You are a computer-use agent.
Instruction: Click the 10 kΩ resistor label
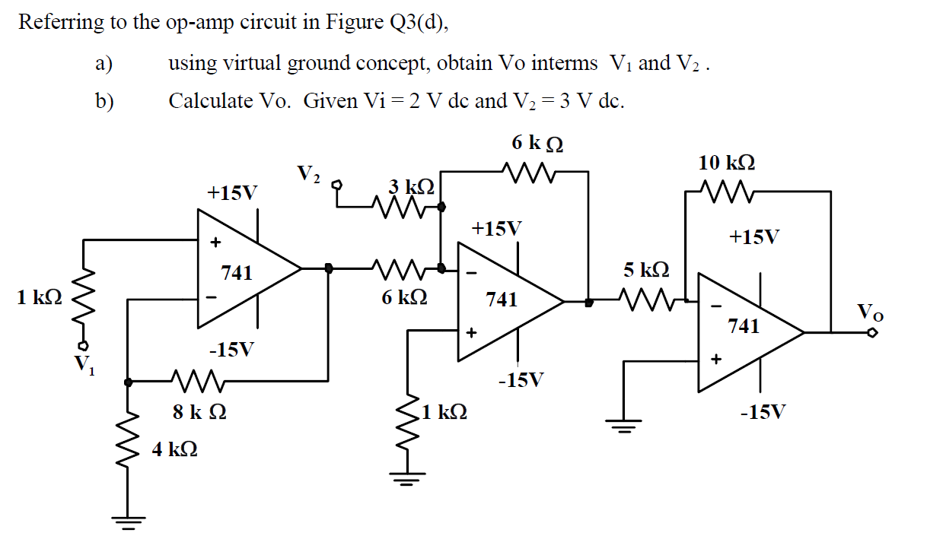pos(727,163)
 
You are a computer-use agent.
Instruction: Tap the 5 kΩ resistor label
pos(646,270)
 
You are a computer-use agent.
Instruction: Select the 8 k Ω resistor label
pos(199,414)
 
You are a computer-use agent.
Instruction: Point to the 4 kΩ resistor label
pos(175,450)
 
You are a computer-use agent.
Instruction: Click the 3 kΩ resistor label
pos(411,186)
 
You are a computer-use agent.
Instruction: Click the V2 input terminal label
pos(308,174)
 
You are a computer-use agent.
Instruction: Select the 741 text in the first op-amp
pos(236,273)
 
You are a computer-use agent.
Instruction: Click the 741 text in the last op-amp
pos(743,326)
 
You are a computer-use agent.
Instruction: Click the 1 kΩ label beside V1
pos(39,297)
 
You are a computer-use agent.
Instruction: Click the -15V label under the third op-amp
pos(763,413)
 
